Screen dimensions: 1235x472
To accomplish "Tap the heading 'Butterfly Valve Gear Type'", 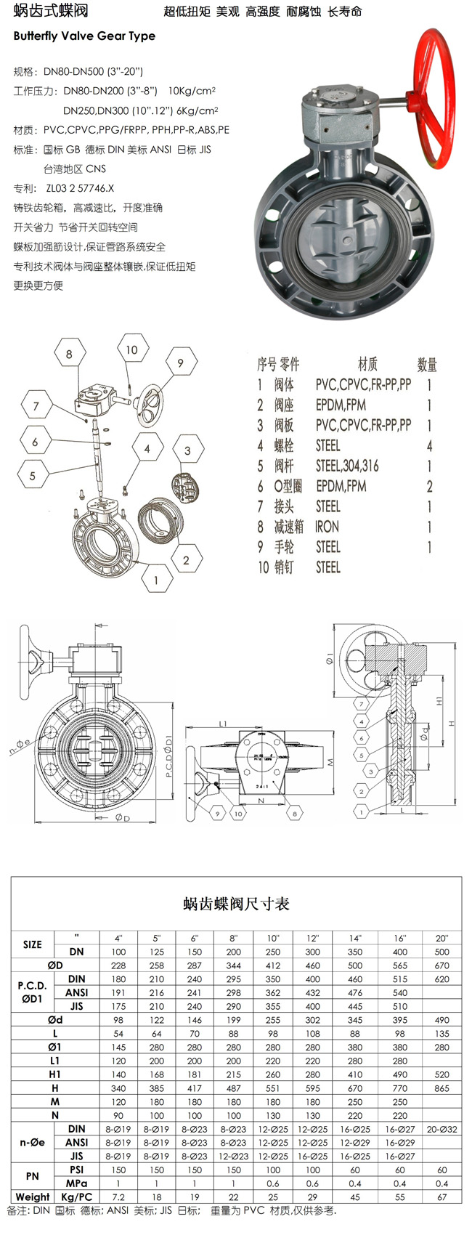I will [84, 36].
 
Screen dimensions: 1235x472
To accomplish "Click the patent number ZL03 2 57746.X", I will [80, 188].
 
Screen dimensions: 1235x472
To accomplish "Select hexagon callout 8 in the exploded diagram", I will [69, 355].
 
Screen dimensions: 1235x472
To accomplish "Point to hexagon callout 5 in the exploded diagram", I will [33, 476].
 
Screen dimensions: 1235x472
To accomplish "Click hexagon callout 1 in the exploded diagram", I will [155, 580].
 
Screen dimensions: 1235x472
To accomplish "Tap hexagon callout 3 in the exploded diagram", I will [187, 450].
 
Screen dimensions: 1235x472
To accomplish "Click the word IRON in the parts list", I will [327, 527].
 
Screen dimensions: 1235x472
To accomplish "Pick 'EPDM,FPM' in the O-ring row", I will [341, 486].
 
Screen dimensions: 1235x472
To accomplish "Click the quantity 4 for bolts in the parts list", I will [430, 445].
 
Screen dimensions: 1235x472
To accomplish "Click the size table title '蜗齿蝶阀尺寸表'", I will [236, 904].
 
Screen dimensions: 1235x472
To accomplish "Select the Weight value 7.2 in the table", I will [118, 1196].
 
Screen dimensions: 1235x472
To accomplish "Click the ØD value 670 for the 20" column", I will [442, 965].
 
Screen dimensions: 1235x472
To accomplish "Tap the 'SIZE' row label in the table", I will [33, 944].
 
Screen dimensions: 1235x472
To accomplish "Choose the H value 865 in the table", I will [442, 1088].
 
